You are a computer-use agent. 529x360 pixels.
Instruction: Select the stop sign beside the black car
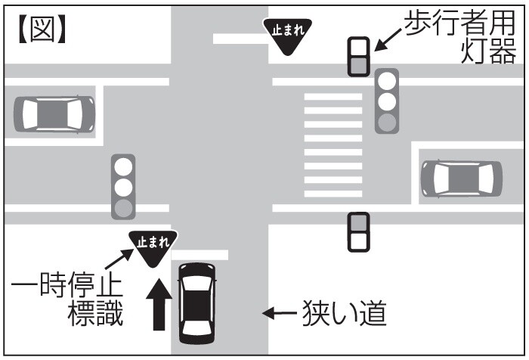(152, 247)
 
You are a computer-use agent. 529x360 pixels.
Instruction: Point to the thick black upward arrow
(159, 303)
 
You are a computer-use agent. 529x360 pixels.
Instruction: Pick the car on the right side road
(461, 178)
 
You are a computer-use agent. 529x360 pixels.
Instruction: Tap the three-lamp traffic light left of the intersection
(122, 186)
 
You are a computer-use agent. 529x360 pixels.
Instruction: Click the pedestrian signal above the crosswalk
(358, 56)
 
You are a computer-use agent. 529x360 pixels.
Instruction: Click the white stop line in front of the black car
(200, 256)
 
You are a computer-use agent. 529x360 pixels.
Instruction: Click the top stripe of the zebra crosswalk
(333, 97)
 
